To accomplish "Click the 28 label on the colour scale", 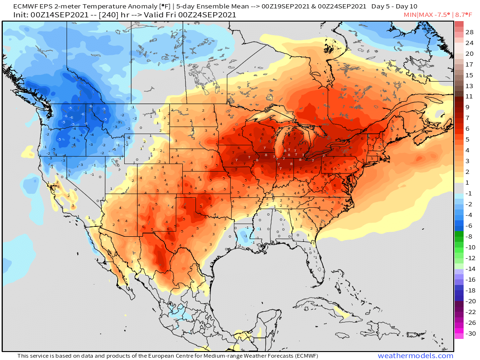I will pyautogui.click(x=470, y=32).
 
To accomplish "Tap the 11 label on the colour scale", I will pyautogui.click(x=470, y=97).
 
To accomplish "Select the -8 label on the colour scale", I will pyautogui.click(x=470, y=237).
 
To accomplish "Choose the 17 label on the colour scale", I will pyautogui.click(x=470, y=64).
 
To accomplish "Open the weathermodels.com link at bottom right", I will pyautogui.click(x=415, y=356).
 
